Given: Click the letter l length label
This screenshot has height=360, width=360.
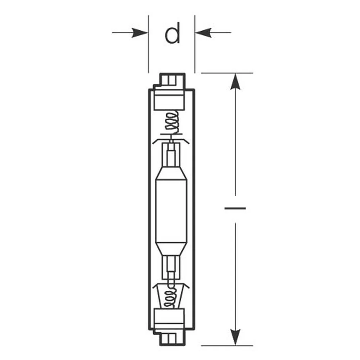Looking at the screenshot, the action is point(235,208).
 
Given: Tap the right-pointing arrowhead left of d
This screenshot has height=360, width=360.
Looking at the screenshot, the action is point(140,33).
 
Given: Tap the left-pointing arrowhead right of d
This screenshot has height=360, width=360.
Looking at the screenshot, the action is point(203,33).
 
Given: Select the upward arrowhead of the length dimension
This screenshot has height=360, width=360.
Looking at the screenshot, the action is point(235,81).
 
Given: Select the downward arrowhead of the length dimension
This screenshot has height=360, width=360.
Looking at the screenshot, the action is point(235,337).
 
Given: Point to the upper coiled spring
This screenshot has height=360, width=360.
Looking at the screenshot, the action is point(172,122).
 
